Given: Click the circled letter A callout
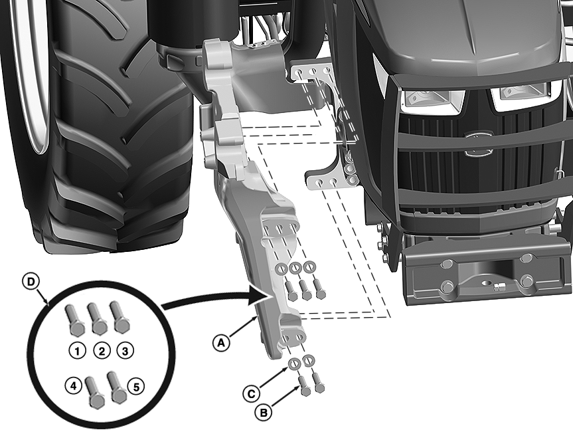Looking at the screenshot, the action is [x=221, y=343].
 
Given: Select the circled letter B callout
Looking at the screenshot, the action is [x=264, y=413].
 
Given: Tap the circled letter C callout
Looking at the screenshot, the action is [x=251, y=393].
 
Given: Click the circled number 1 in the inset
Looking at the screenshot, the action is [x=77, y=352].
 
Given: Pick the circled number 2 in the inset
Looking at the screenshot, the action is [x=102, y=352].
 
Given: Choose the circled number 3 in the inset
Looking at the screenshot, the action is [x=125, y=352].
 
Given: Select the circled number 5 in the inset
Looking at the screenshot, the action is [x=136, y=386].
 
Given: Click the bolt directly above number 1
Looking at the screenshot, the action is [x=74, y=320].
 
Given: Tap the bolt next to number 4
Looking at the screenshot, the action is [x=95, y=392].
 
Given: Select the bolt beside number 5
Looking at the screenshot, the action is [x=117, y=386].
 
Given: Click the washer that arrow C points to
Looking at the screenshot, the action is [x=294, y=364].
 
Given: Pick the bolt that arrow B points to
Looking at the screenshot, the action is [x=305, y=385].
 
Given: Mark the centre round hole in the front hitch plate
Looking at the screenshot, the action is [x=487, y=283].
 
